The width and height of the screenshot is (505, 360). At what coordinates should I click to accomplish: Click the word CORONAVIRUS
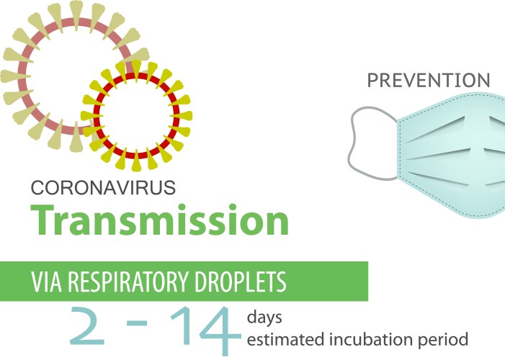tap(103, 188)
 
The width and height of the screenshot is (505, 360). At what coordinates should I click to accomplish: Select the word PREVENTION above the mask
tap(429, 80)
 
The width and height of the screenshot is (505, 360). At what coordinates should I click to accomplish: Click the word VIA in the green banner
tap(48, 282)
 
